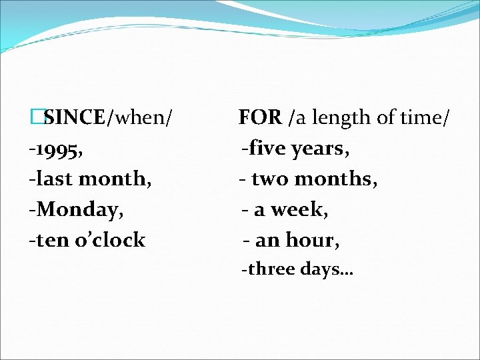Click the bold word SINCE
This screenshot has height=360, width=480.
click(x=74, y=118)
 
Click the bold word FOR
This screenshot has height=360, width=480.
click(x=261, y=118)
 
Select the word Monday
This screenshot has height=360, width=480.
click(x=80, y=209)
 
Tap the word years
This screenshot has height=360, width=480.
click(x=317, y=149)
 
